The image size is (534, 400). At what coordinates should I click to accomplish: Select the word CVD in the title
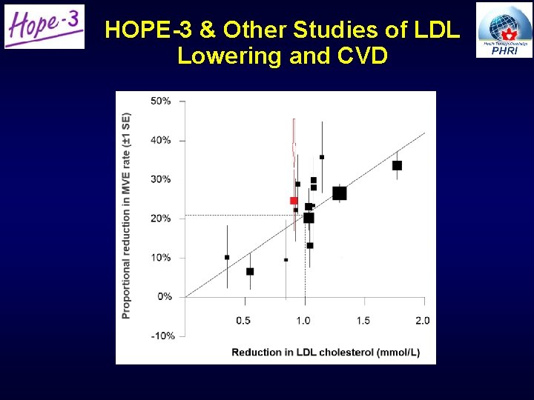(359, 56)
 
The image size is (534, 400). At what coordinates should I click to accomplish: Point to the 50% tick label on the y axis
(160, 101)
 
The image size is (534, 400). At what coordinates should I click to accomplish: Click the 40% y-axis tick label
(160, 140)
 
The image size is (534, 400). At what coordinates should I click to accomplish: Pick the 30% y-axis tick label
(160, 179)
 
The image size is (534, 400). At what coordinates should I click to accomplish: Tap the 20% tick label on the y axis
(160, 219)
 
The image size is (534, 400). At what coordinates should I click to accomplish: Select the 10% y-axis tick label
(160, 258)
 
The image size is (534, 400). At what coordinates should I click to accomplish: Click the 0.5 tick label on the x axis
(243, 320)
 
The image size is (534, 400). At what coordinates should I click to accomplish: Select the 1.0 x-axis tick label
(303, 320)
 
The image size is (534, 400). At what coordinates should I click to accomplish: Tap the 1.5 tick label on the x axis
(363, 320)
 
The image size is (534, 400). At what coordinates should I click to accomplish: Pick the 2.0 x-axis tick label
(422, 320)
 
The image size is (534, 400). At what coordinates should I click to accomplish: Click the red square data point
(294, 201)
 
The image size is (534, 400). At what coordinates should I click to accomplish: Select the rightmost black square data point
(397, 166)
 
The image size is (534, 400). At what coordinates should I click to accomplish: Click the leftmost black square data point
(227, 257)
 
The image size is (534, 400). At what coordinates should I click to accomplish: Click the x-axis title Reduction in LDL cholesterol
(326, 352)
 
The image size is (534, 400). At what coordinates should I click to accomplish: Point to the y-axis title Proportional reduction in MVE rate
(126, 216)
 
